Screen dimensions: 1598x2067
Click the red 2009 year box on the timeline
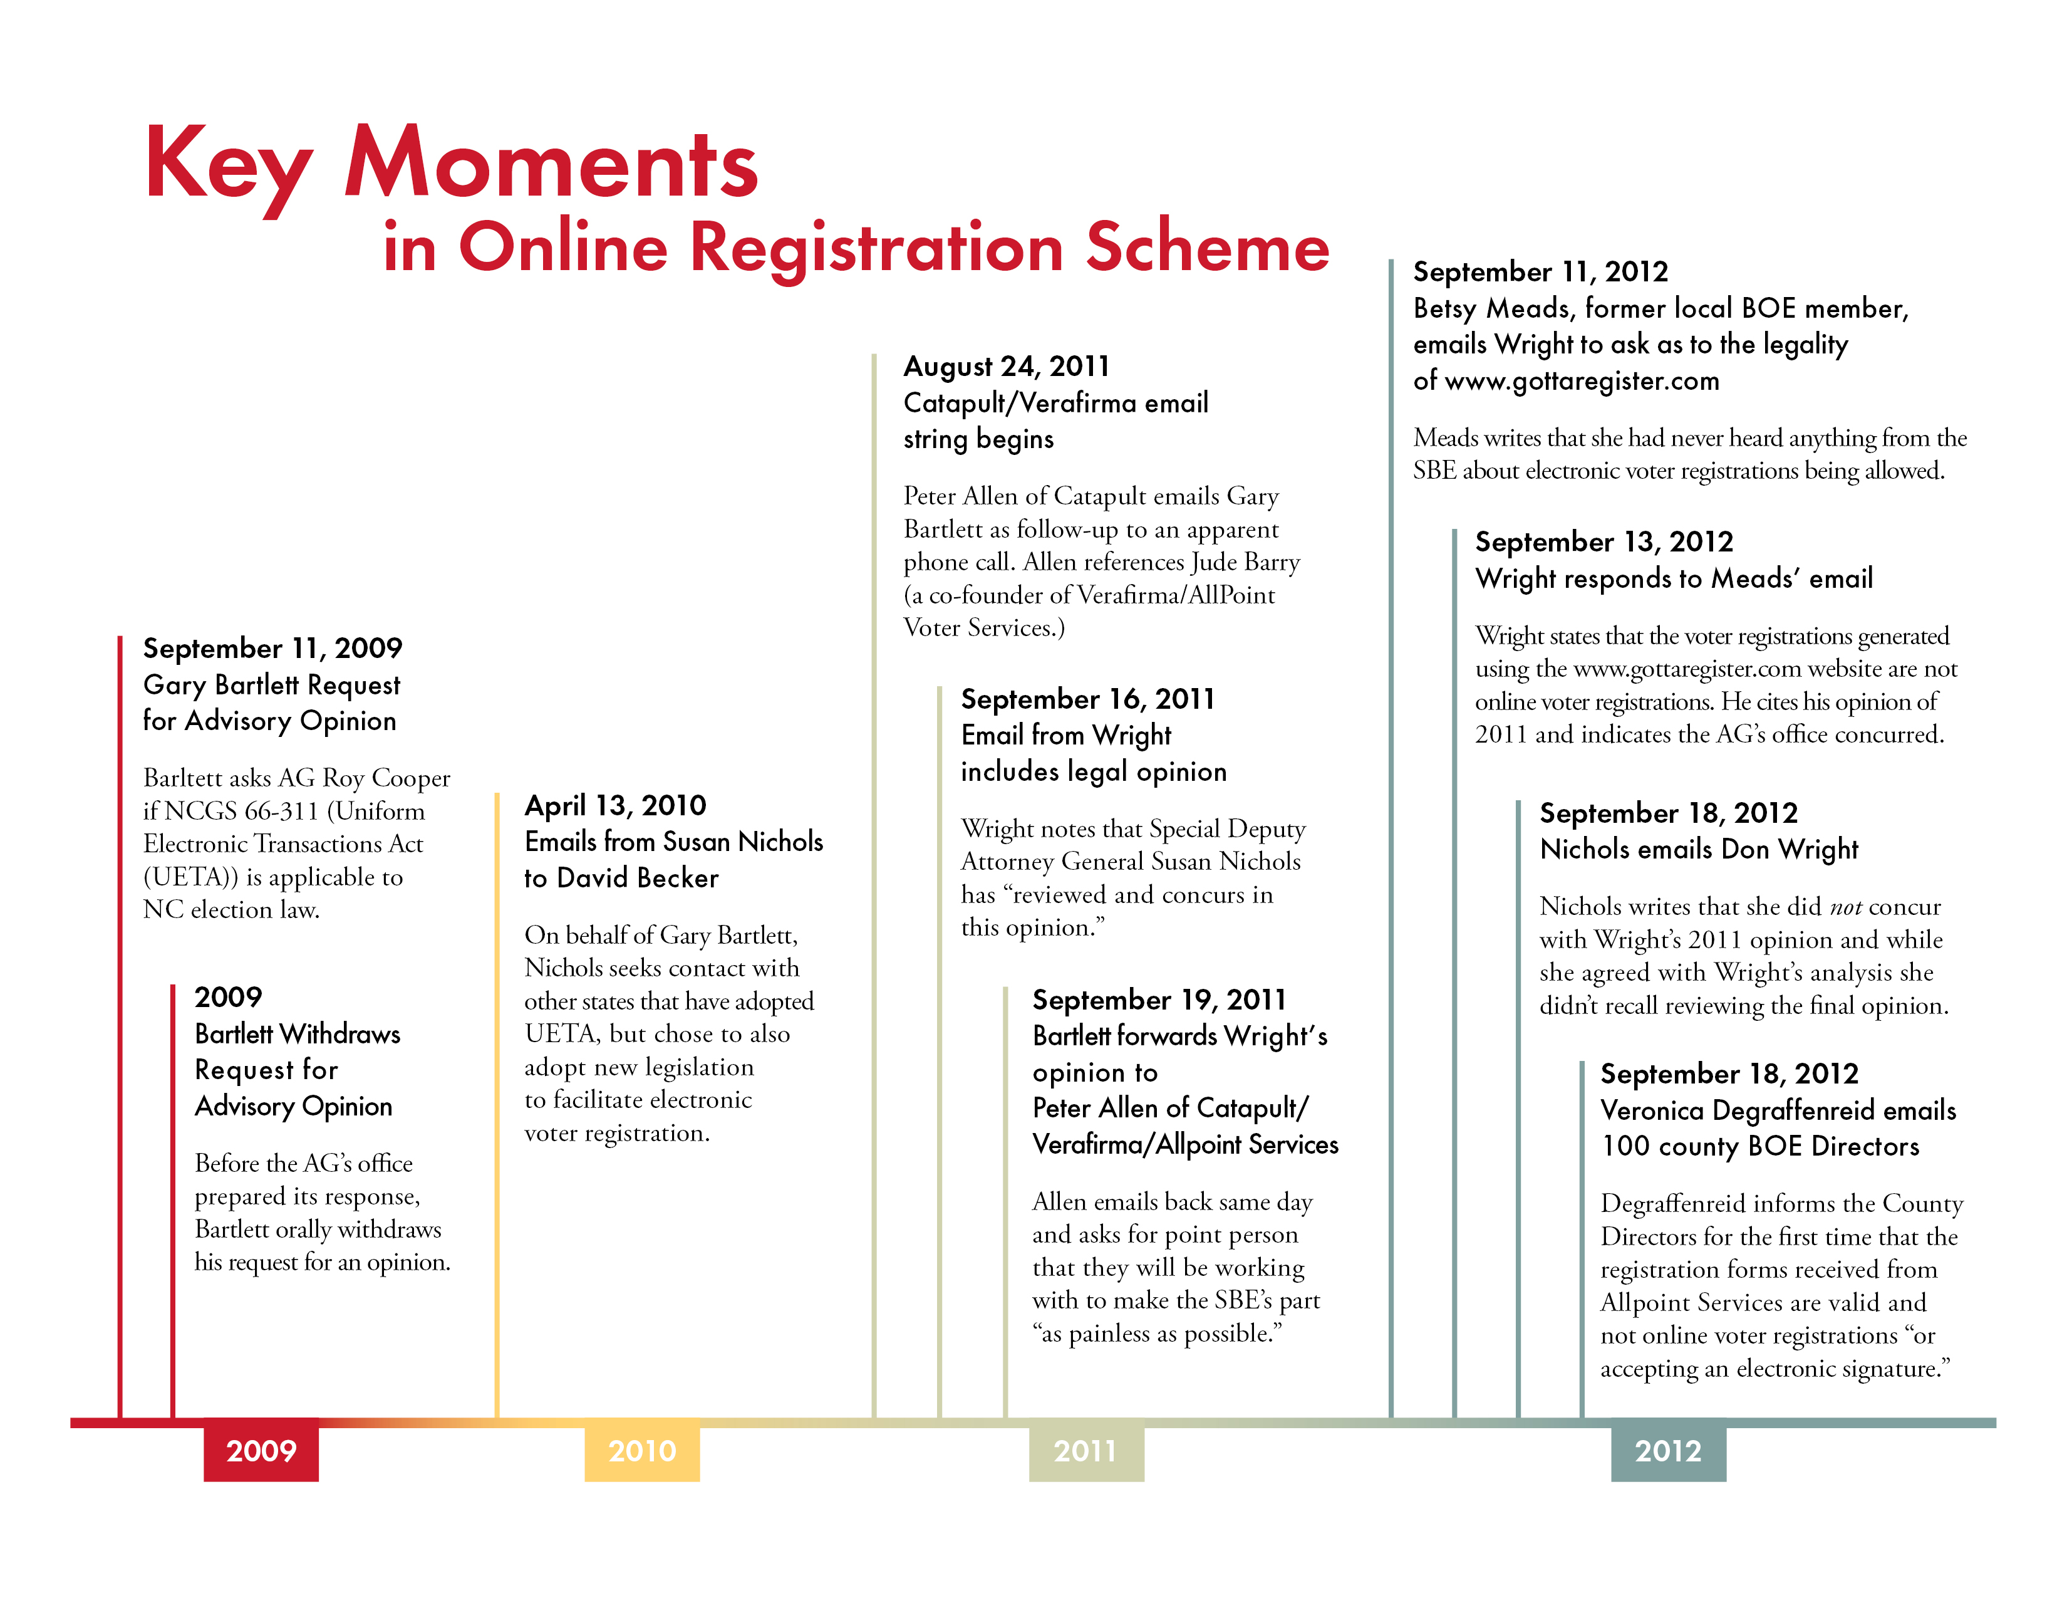(x=261, y=1449)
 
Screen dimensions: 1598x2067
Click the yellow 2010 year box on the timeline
(x=641, y=1449)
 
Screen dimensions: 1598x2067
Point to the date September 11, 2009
(x=272, y=649)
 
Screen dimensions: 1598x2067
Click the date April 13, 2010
(x=615, y=806)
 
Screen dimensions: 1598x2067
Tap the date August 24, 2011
(x=1006, y=367)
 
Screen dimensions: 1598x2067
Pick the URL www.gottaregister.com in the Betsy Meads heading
(x=1580, y=382)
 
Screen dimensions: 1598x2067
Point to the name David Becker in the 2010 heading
(x=637, y=879)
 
